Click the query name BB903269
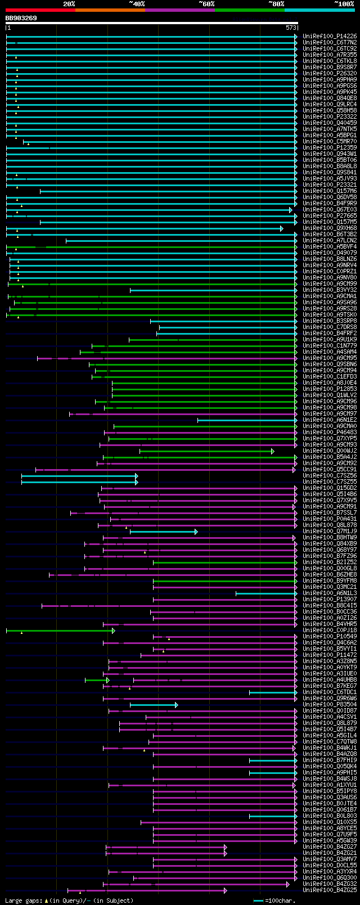click(x=21, y=18)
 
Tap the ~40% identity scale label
click(x=137, y=4)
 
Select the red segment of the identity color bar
click(x=40, y=10)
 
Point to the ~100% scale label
click(x=344, y=4)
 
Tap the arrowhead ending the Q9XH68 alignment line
click(x=281, y=228)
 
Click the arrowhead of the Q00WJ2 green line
click(x=272, y=451)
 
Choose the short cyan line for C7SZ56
click(x=79, y=476)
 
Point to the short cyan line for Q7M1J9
click(x=163, y=532)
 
